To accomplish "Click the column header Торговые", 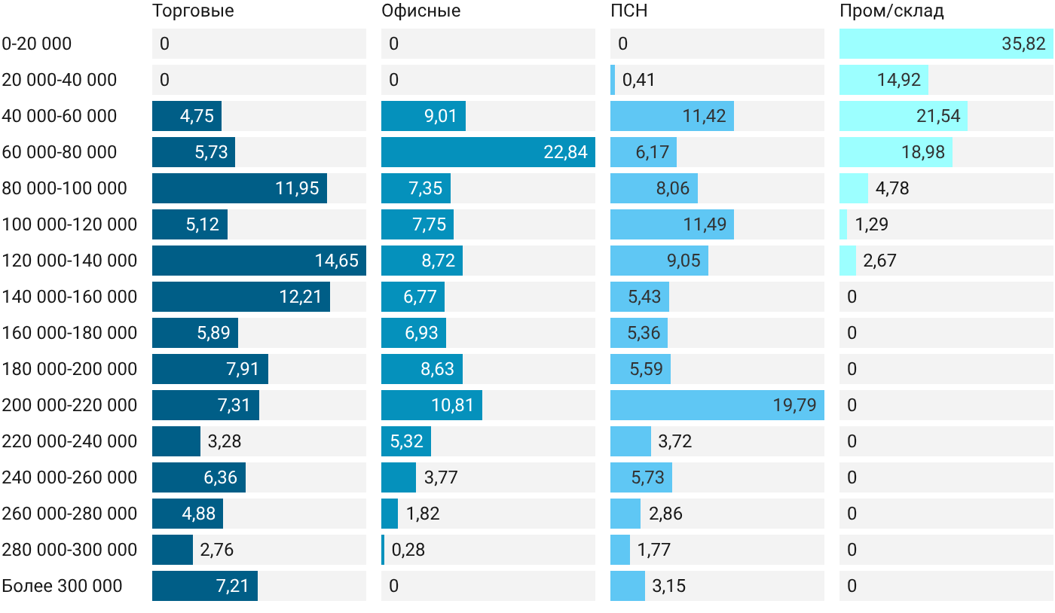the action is pyautogui.click(x=193, y=11).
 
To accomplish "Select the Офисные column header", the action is pyautogui.click(x=421, y=11).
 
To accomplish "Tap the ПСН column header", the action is pyautogui.click(x=628, y=11).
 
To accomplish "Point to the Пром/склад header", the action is pyautogui.click(x=891, y=11).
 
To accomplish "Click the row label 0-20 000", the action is pyautogui.click(x=37, y=44).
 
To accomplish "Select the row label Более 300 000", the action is pyautogui.click(x=62, y=586).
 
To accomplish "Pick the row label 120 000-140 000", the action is pyautogui.click(x=69, y=261).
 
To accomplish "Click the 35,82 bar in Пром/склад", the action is pyautogui.click(x=946, y=44).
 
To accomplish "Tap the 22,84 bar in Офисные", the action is pyautogui.click(x=488, y=152).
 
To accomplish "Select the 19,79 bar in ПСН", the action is pyautogui.click(x=717, y=405).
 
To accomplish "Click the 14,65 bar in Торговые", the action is pyautogui.click(x=259, y=261).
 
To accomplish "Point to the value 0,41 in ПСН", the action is pyautogui.click(x=639, y=80).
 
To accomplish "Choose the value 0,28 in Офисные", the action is pyautogui.click(x=408, y=550).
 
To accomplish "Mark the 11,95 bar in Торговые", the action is pyautogui.click(x=240, y=188).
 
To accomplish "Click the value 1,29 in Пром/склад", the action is pyautogui.click(x=871, y=224).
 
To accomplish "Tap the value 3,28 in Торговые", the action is pyautogui.click(x=225, y=441).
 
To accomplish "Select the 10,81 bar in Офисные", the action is pyautogui.click(x=432, y=405).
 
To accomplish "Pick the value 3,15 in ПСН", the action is pyautogui.click(x=669, y=586).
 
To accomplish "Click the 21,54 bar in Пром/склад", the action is pyautogui.click(x=904, y=116).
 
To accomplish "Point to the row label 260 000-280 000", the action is pyautogui.click(x=69, y=513).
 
